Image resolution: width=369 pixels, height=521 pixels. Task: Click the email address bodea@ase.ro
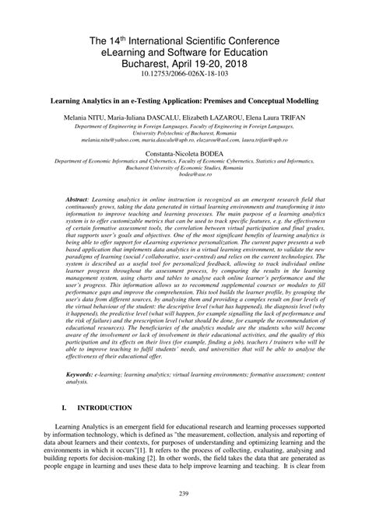(x=184, y=178)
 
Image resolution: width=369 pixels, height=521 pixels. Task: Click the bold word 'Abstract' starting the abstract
(x=79, y=200)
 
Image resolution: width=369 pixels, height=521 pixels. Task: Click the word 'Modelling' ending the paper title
(x=301, y=100)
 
